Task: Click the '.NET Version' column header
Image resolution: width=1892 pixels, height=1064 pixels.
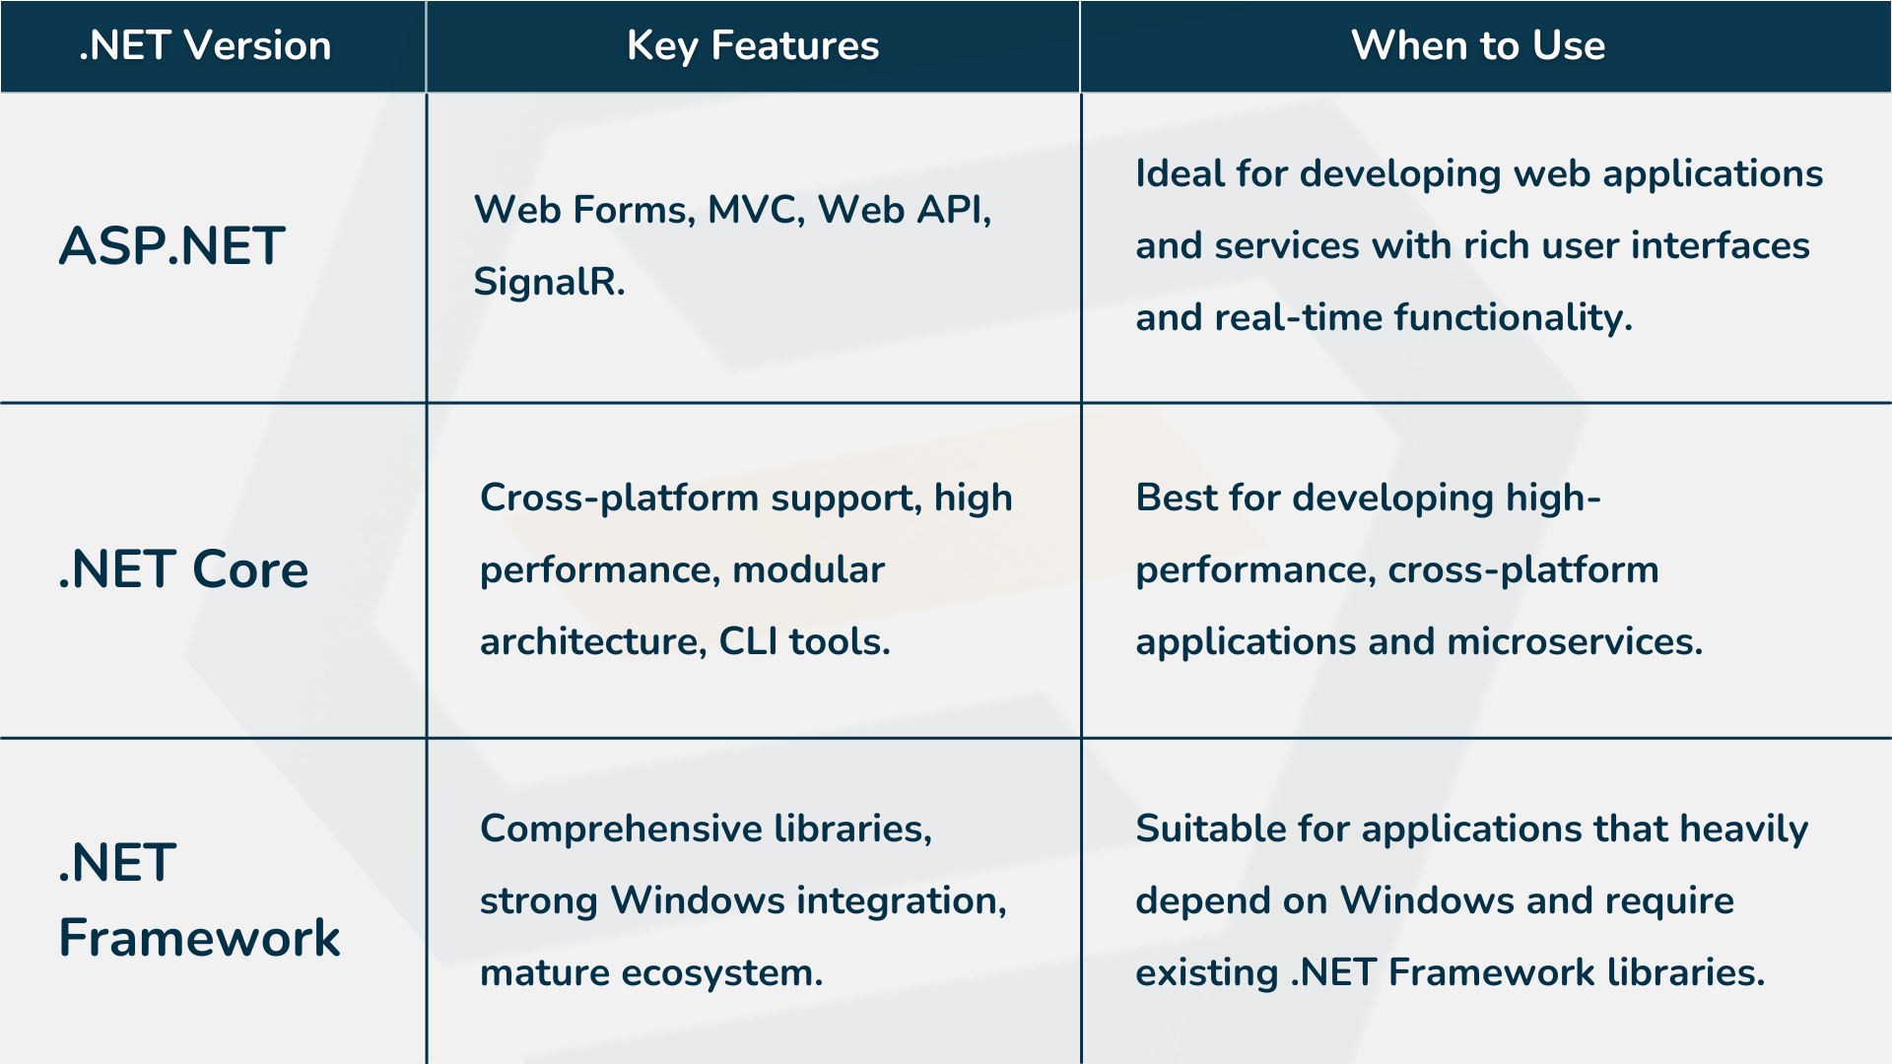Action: click(205, 45)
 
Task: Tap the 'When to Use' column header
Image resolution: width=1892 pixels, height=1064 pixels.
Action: click(1478, 45)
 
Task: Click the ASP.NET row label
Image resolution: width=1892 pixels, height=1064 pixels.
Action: click(172, 245)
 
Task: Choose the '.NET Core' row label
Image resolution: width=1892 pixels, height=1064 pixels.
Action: click(183, 569)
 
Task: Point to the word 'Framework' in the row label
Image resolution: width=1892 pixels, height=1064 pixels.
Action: click(200, 937)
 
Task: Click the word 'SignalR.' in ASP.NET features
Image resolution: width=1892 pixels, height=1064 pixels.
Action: click(549, 283)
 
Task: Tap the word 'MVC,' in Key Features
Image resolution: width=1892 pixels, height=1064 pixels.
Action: click(756, 210)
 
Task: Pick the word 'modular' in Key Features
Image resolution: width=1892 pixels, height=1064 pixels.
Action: click(809, 570)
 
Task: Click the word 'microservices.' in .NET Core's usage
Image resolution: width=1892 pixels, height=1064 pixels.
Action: click(1575, 642)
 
